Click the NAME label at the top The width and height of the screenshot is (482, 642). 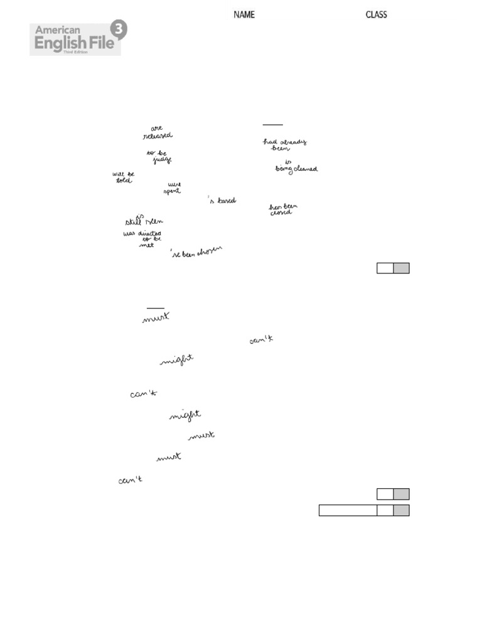pyautogui.click(x=244, y=14)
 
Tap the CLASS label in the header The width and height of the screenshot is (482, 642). pyautogui.click(x=377, y=14)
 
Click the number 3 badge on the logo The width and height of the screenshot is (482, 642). pyautogui.click(x=117, y=29)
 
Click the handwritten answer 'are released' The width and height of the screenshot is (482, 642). pyautogui.click(x=157, y=132)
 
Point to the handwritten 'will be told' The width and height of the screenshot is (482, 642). pyautogui.click(x=123, y=177)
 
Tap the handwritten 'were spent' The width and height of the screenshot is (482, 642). pyautogui.click(x=173, y=187)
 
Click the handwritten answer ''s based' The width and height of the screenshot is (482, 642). pyautogui.click(x=222, y=201)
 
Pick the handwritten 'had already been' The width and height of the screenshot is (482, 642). pyautogui.click(x=284, y=145)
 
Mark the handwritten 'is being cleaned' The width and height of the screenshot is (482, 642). pyautogui.click(x=296, y=166)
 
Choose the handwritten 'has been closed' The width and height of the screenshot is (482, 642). pyautogui.click(x=283, y=209)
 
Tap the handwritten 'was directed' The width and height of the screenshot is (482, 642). pyautogui.click(x=142, y=233)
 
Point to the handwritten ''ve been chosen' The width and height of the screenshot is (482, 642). pyautogui.click(x=196, y=253)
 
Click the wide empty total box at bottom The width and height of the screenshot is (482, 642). pyautogui.click(x=348, y=510)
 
